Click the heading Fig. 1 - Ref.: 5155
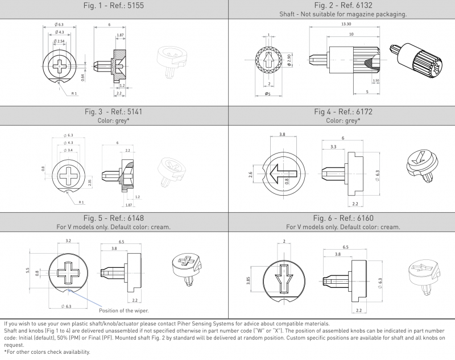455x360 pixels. click(x=114, y=6)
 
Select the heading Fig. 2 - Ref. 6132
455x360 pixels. click(x=342, y=6)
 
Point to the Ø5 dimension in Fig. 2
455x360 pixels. click(x=268, y=94)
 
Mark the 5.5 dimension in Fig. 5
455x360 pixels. click(x=27, y=271)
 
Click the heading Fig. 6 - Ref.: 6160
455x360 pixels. click(x=342, y=218)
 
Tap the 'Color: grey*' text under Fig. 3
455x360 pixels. click(x=114, y=121)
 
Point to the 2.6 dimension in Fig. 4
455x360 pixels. click(x=250, y=175)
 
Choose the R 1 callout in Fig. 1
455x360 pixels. click(x=75, y=93)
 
